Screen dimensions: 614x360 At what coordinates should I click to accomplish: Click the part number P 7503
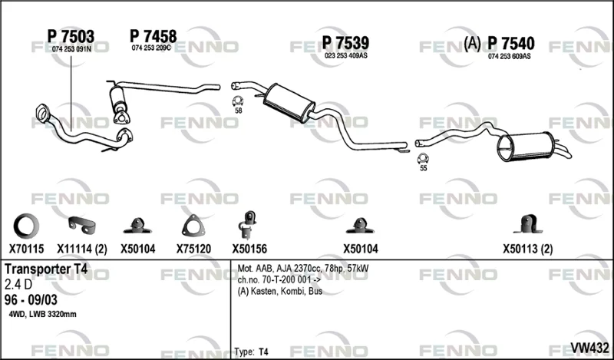click(x=71, y=37)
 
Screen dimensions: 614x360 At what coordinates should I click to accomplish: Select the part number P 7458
click(x=153, y=36)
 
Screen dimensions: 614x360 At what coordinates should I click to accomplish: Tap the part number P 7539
click(x=345, y=43)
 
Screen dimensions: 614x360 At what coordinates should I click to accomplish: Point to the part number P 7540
click(x=511, y=44)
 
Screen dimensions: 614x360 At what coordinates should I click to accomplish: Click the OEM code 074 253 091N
click(x=71, y=49)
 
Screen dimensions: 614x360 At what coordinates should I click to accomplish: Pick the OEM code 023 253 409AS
click(x=346, y=55)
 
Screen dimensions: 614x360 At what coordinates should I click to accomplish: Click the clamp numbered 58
click(x=238, y=101)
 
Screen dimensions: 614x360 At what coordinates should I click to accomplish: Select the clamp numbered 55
click(x=423, y=158)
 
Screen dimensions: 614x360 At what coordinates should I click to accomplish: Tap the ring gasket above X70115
click(x=16, y=226)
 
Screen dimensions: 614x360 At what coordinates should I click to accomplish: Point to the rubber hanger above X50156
click(x=248, y=225)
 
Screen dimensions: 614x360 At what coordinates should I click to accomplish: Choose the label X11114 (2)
click(x=82, y=249)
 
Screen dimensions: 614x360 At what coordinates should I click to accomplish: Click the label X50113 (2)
click(x=528, y=249)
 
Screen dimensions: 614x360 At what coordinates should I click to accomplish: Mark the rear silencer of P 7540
click(x=526, y=147)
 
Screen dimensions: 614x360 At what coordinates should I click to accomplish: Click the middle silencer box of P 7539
click(x=289, y=103)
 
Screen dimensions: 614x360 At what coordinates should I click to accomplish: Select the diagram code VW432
click(x=589, y=348)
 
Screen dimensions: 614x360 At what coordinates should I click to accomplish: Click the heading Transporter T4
click(x=46, y=269)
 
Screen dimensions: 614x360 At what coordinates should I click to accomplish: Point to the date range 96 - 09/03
click(x=31, y=300)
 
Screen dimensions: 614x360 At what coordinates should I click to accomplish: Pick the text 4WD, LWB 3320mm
click(x=43, y=314)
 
